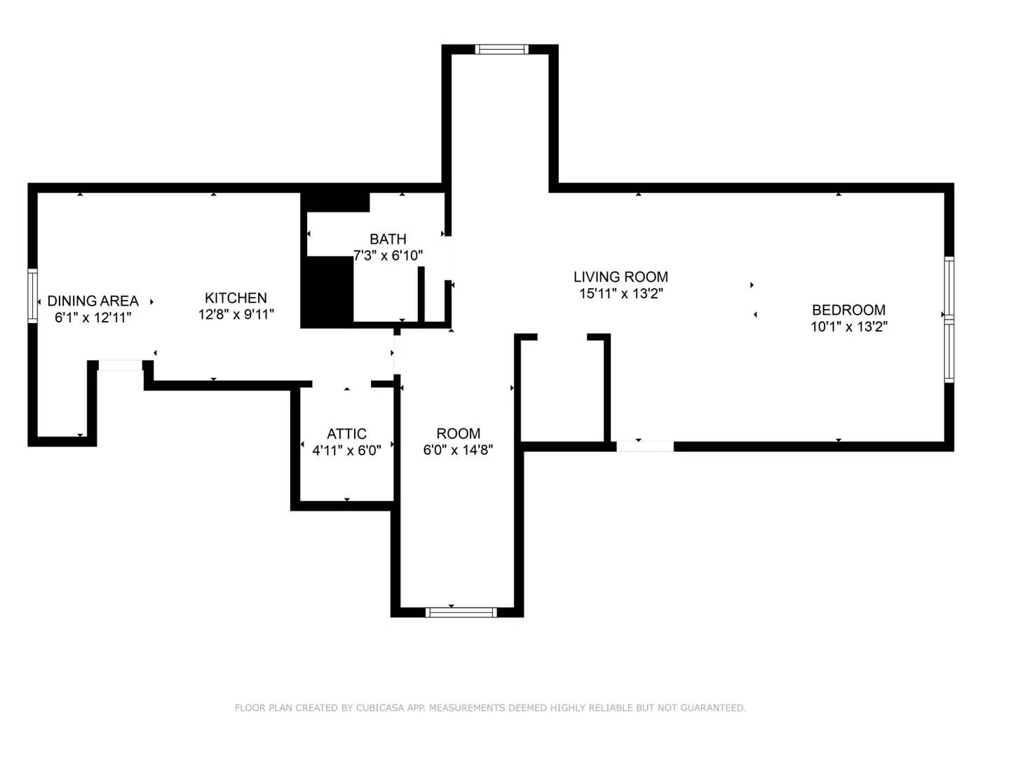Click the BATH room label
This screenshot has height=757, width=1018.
[388, 239]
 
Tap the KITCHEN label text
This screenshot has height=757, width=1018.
[236, 298]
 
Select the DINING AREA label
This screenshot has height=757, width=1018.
[93, 301]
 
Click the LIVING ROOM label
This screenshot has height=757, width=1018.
[620, 277]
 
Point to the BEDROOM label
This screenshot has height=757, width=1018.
[848, 310]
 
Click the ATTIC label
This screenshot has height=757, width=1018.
[346, 434]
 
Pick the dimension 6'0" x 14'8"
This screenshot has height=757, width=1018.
[458, 450]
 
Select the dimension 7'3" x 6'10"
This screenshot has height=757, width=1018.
[388, 256]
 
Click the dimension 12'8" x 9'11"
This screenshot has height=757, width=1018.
[236, 315]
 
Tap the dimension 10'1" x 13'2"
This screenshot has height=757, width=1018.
[848, 327]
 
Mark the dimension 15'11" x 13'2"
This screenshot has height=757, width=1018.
[620, 294]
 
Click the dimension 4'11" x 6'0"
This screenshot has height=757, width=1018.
[346, 451]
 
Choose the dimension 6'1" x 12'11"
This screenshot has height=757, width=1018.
[93, 318]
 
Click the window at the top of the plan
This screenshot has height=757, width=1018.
[501, 49]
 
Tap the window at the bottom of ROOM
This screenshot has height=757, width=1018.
[461, 613]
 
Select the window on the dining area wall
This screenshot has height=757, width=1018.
[32, 296]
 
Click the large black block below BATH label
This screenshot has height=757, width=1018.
[327, 290]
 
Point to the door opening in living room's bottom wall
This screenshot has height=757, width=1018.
[645, 446]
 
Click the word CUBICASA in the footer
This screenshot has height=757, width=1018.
[380, 708]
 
